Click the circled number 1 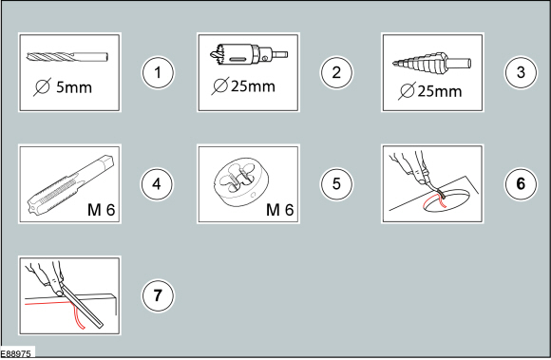point(159,71)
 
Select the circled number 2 point(336,71)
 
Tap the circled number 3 point(518,71)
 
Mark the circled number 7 point(159,294)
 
